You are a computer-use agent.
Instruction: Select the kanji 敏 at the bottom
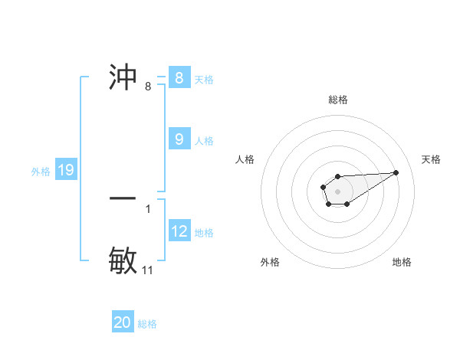pos(123,260)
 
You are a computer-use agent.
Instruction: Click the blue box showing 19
pos(66,170)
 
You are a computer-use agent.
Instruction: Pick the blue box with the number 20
pos(123,322)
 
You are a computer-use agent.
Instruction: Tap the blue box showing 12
pos(179,231)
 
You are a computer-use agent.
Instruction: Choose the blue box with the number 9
pos(179,139)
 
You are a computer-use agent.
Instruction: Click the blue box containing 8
pos(179,78)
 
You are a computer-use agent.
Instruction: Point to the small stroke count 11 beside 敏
pos(148,270)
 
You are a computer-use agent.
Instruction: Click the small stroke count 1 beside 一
pos(148,208)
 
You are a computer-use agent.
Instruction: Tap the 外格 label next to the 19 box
pos(41,172)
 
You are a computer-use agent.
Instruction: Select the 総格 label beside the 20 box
pos(147,324)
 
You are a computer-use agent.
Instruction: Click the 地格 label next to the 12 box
pos(204,233)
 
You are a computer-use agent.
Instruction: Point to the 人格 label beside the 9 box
pos(204,141)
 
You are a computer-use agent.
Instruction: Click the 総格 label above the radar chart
pos(337,100)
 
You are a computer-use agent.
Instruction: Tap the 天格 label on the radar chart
pos(431,159)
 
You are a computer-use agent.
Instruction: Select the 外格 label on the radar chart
pos(270,262)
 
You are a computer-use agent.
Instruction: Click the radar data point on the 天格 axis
pos(396,172)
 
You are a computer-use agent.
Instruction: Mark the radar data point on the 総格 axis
pos(337,177)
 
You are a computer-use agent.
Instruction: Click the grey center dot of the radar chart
pos(337,191)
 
